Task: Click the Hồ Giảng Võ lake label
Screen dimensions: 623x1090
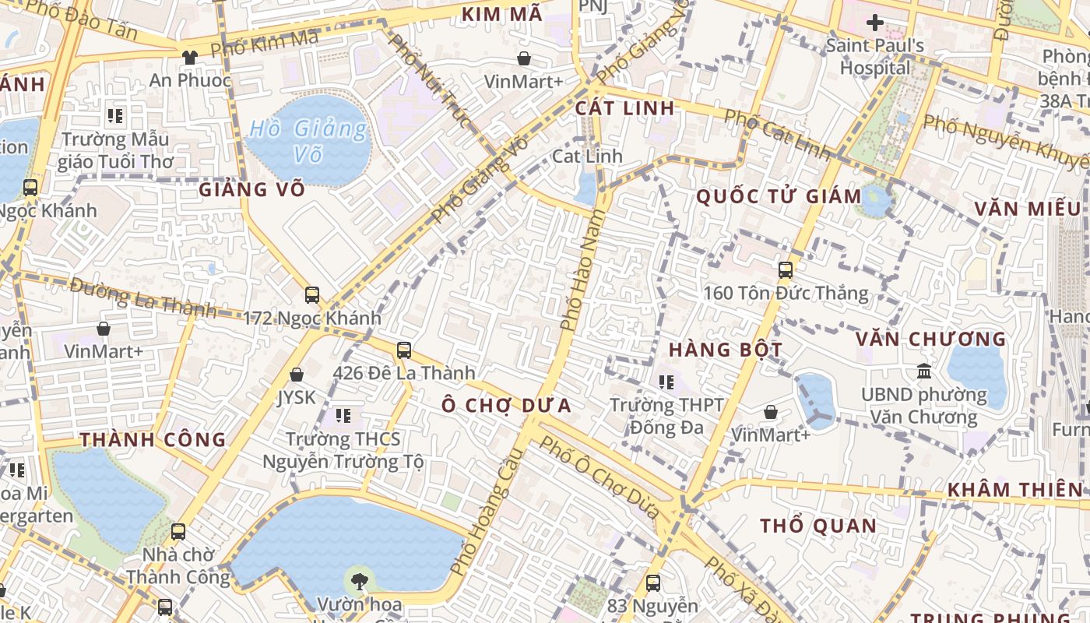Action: coord(308,141)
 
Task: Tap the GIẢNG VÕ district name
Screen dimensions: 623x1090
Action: coord(251,189)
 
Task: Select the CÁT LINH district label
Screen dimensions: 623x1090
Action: coord(625,108)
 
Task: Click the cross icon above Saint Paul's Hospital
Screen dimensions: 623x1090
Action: coord(875,23)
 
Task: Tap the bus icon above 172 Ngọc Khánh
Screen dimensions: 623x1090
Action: coord(312,295)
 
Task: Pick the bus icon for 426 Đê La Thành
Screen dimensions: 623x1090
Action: coord(404,350)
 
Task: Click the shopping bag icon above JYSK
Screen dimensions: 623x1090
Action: coord(297,375)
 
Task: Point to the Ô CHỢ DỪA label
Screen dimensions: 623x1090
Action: coord(507,405)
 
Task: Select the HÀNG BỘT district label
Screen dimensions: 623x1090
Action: coord(725,350)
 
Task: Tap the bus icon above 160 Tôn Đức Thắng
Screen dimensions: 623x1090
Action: coord(786,270)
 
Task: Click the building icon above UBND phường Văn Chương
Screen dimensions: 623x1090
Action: coord(924,371)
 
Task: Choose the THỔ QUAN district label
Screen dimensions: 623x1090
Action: coord(818,526)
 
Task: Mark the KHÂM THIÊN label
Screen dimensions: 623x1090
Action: coord(1014,490)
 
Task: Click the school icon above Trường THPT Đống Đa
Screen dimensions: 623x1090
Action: coord(666,382)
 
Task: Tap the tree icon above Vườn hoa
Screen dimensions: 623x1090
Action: coord(359,580)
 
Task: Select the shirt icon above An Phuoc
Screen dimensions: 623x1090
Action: coord(190,57)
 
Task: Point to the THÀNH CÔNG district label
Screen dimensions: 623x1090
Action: coord(153,440)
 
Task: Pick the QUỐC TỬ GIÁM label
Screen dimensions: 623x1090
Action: coord(779,196)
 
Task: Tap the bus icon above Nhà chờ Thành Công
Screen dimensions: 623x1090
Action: coord(178,532)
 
